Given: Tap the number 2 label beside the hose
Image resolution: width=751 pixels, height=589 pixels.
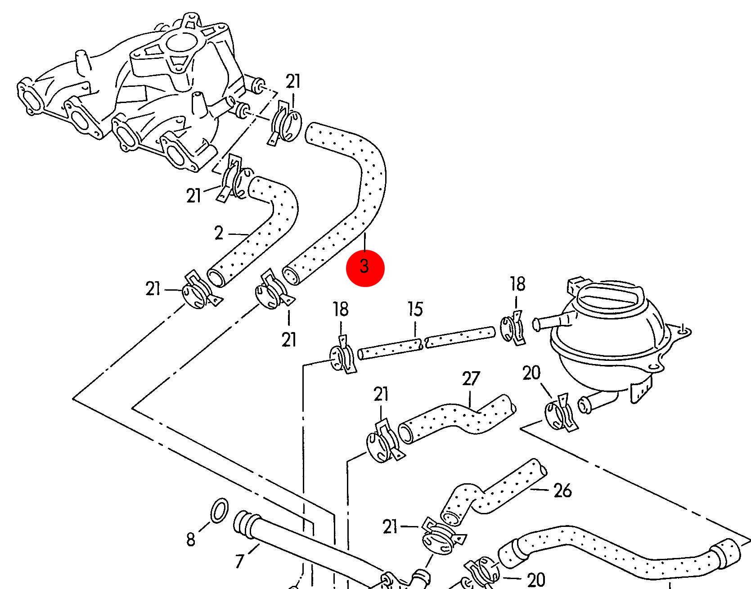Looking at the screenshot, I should click(x=219, y=233).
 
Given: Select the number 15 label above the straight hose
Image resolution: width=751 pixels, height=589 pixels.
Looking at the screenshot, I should click(x=415, y=309).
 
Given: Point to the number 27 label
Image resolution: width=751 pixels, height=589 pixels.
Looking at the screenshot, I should click(x=471, y=378).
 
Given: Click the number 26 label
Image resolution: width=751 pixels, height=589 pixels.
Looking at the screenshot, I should click(x=562, y=490).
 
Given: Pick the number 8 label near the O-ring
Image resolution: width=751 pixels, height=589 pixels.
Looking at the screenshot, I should click(x=191, y=539).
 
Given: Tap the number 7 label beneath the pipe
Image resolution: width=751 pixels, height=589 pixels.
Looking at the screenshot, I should click(x=240, y=561).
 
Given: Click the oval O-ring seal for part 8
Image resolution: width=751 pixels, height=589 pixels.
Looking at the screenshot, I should click(x=219, y=510).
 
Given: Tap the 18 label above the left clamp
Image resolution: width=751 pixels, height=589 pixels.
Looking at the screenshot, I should click(x=341, y=309).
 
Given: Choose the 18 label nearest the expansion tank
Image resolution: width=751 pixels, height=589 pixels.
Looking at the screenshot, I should click(x=517, y=284).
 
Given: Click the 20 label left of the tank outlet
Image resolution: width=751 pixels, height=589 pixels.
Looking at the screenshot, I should click(x=531, y=373).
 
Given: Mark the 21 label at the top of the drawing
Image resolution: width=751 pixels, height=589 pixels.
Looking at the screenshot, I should click(x=293, y=81).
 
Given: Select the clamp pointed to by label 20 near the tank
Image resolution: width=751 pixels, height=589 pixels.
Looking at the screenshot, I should click(x=559, y=414).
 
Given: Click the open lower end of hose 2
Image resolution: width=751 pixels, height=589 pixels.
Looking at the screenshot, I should click(x=216, y=277).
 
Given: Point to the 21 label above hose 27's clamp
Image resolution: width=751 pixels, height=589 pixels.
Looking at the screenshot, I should click(x=381, y=394).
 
